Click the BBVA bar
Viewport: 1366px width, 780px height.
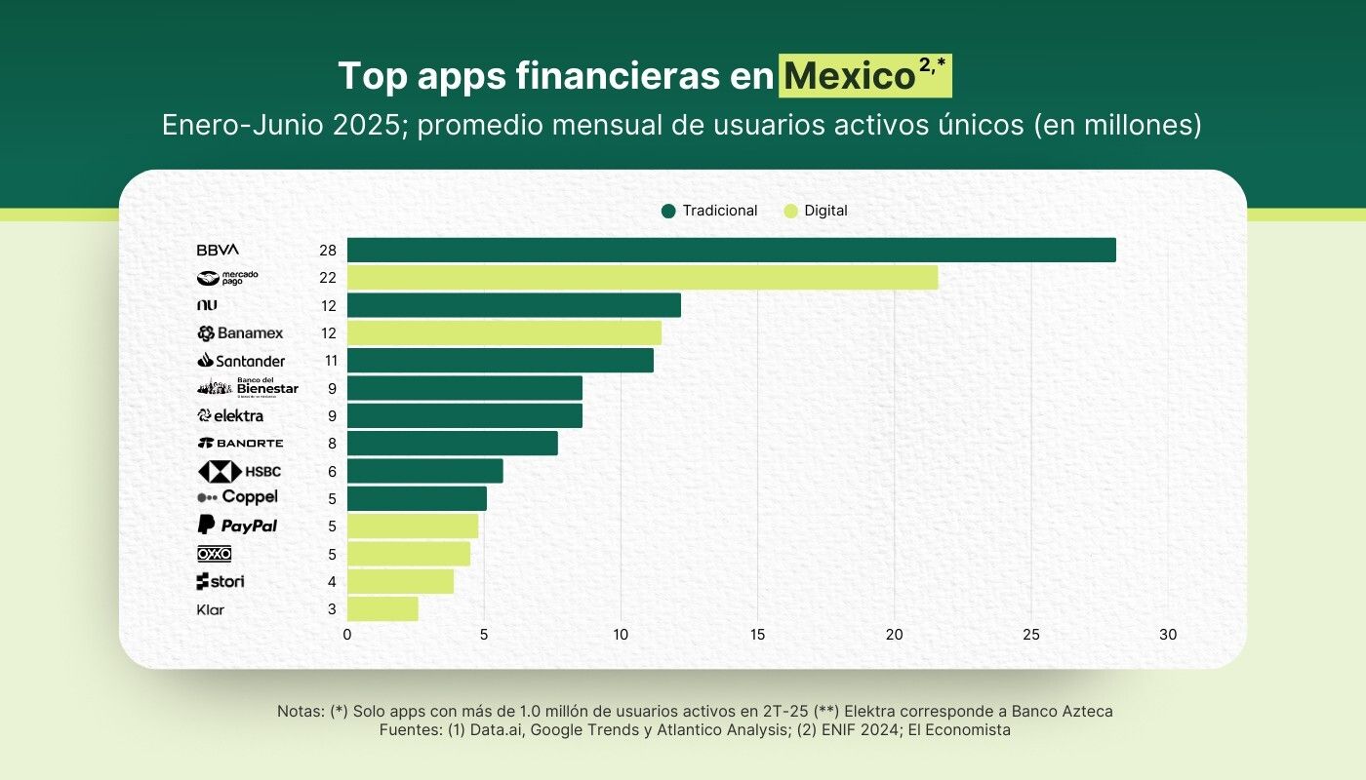731,250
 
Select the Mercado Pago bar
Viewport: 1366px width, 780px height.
642,277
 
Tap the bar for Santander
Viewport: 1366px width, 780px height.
500,361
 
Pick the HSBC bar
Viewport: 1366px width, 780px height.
424,471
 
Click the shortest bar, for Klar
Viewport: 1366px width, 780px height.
382,609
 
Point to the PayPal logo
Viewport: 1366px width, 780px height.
237,526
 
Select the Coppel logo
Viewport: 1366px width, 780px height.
237,497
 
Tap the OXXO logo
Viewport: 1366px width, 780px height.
215,554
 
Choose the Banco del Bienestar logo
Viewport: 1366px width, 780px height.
247,388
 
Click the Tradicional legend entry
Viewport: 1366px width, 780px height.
709,211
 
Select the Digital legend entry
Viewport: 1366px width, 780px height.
816,211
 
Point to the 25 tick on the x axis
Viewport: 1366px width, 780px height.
1031,635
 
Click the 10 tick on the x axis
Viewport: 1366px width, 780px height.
621,635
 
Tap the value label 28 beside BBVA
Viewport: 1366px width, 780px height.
328,251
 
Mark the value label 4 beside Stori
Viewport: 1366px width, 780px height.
332,582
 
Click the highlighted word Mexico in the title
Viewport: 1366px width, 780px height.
849,76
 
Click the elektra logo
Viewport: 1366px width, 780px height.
230,415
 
